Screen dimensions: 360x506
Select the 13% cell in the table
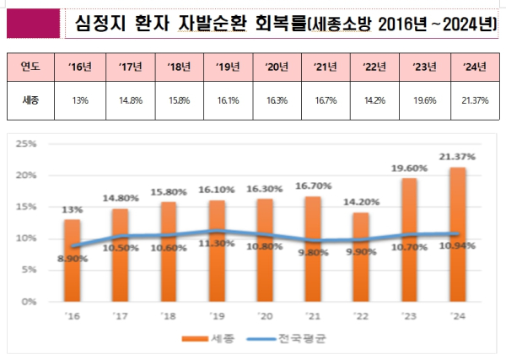tap(82, 99)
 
